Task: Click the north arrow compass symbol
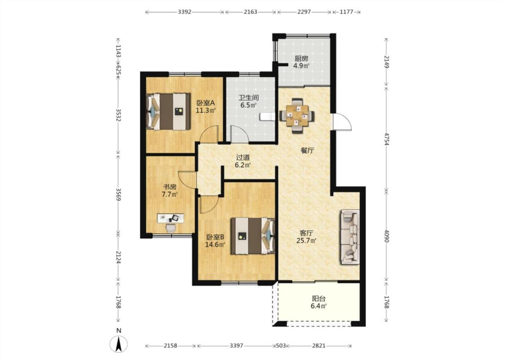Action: pos(119,344)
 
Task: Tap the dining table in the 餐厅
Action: pos(297,115)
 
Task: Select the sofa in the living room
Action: pos(349,237)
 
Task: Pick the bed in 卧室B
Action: pos(253,236)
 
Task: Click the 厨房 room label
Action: pos(301,58)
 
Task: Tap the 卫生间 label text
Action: pos(248,98)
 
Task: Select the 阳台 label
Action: pos(318,299)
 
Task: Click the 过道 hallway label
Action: pos(243,157)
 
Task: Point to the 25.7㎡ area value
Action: pos(306,240)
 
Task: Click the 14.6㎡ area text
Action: pos(215,244)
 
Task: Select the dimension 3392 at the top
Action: pos(184,12)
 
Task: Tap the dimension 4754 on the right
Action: pos(387,138)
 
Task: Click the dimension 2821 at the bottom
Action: pos(319,346)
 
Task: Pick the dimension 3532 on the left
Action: pos(118,115)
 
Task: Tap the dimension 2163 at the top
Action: pos(251,12)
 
